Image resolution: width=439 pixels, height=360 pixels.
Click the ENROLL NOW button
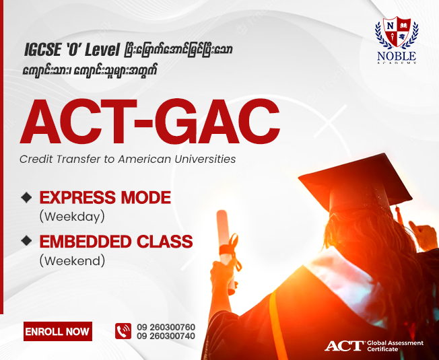(58, 332)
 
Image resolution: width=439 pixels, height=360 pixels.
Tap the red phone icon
(123, 331)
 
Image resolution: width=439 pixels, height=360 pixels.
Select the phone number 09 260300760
(166, 327)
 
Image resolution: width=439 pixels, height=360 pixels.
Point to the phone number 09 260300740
(166, 336)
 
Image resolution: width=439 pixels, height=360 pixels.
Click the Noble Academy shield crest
(397, 32)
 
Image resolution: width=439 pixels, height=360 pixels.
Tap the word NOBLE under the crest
(397, 56)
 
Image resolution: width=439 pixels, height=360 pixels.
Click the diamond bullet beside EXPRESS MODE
(27, 197)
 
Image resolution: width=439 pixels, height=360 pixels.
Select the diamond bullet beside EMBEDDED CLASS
(27, 241)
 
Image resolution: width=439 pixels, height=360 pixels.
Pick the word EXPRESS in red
(77, 197)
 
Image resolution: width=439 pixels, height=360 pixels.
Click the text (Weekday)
(72, 217)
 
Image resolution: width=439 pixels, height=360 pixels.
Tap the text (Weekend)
(72, 260)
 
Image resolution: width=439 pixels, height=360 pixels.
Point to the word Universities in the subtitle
(205, 159)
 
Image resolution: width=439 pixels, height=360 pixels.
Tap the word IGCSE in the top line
(42, 50)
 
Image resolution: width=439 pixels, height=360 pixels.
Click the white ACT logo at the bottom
(344, 346)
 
